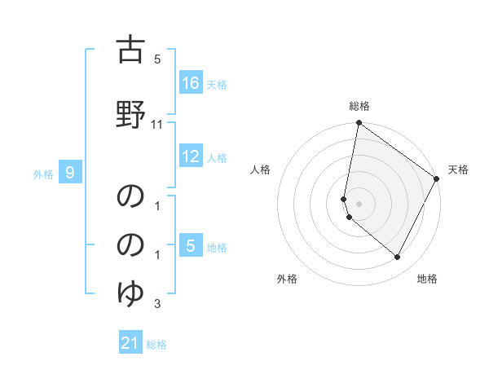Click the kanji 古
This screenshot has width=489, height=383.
(x=130, y=51)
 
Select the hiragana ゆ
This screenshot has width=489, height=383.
(x=130, y=292)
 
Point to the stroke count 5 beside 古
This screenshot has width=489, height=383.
(x=157, y=59)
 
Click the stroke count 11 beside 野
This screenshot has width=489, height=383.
(x=157, y=125)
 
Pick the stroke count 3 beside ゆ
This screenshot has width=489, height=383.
(x=157, y=305)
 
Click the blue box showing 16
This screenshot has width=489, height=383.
(x=191, y=83)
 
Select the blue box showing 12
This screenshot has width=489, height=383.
(x=191, y=156)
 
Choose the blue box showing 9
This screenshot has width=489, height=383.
(x=71, y=173)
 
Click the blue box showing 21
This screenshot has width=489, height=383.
(x=130, y=344)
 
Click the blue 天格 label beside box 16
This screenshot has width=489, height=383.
(x=217, y=84)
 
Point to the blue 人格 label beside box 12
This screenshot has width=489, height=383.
(x=217, y=157)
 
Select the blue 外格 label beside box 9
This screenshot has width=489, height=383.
(x=43, y=174)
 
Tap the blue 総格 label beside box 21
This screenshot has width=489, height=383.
(x=156, y=345)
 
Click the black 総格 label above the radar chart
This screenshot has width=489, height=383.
(x=359, y=106)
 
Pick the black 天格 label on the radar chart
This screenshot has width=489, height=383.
(x=458, y=169)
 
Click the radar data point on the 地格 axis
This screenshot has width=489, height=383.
(x=398, y=258)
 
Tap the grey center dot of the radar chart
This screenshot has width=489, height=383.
(x=359, y=204)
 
